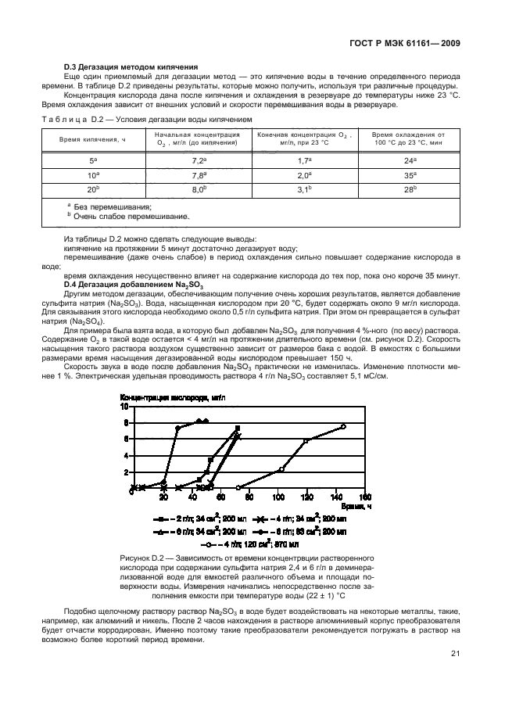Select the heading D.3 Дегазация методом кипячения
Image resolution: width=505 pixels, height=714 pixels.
[x=131, y=66]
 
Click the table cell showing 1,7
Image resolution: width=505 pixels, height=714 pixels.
[x=305, y=160]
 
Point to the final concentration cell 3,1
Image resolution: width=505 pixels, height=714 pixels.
[x=305, y=189]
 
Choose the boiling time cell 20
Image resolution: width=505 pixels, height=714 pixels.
[x=94, y=189]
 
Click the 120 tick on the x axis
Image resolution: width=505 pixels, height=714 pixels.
[x=307, y=497]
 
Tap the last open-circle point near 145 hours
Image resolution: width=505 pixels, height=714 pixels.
[x=343, y=426]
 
